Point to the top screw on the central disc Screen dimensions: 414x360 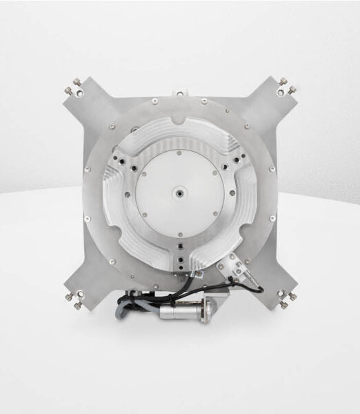pos(178,153)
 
